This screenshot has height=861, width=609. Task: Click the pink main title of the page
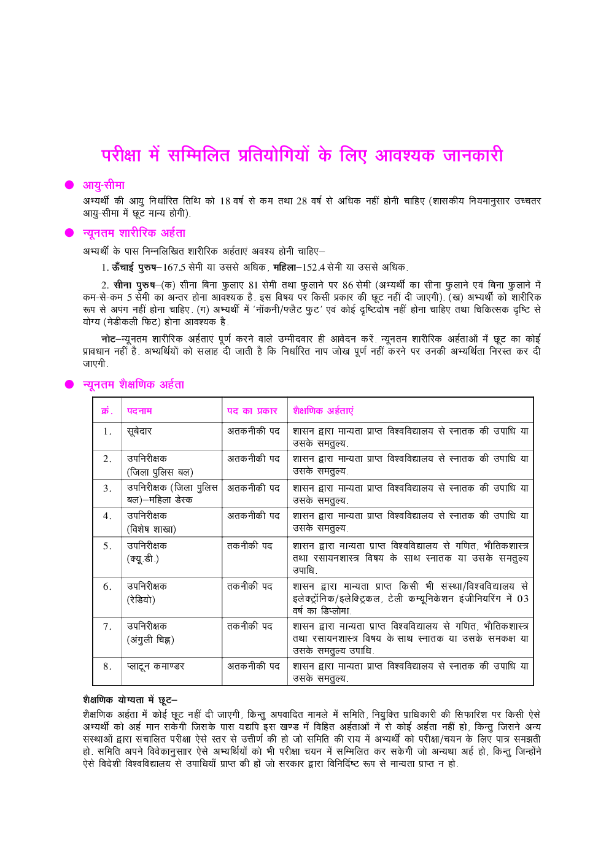coord(302,155)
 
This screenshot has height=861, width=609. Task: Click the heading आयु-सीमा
coord(103,185)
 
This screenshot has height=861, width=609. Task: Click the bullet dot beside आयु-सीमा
coord(69,185)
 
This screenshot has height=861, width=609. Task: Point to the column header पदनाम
coord(139,411)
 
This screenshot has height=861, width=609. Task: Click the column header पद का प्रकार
coord(252,411)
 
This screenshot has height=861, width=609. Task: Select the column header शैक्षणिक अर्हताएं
coord(323,411)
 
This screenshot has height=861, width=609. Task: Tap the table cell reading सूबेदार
coord(139,431)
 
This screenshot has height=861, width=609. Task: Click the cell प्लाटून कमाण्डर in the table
coord(155,666)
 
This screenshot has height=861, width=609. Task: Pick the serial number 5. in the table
coord(107,546)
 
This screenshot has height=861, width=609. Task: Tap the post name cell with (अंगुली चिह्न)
coord(150,633)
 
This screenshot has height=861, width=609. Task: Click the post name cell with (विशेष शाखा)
coord(151,522)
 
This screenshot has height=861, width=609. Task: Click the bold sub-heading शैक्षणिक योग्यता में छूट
coord(130,700)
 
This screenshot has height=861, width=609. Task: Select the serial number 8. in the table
coord(107,666)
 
